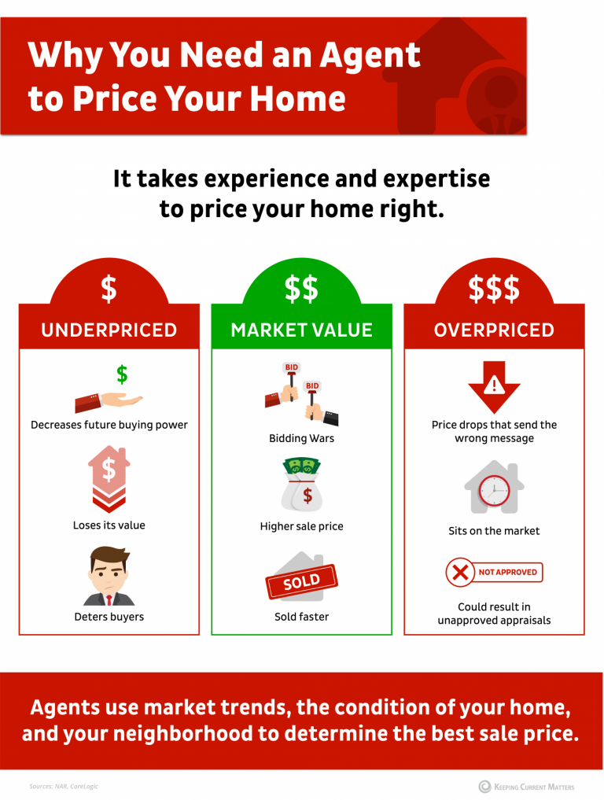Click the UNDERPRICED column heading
click(109, 330)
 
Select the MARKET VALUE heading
click(301, 330)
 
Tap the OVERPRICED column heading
click(494, 330)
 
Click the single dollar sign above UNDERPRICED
click(109, 289)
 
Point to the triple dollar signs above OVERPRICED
click(494, 289)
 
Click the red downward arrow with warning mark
click(494, 386)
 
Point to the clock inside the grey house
click(495, 491)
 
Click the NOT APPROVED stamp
click(494, 573)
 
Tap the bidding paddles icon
click(302, 393)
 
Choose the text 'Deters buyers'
click(109, 618)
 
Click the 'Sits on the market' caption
click(494, 531)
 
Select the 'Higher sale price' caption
click(301, 526)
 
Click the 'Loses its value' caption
click(109, 525)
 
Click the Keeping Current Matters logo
click(526, 786)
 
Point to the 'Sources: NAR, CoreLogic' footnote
click(64, 786)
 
